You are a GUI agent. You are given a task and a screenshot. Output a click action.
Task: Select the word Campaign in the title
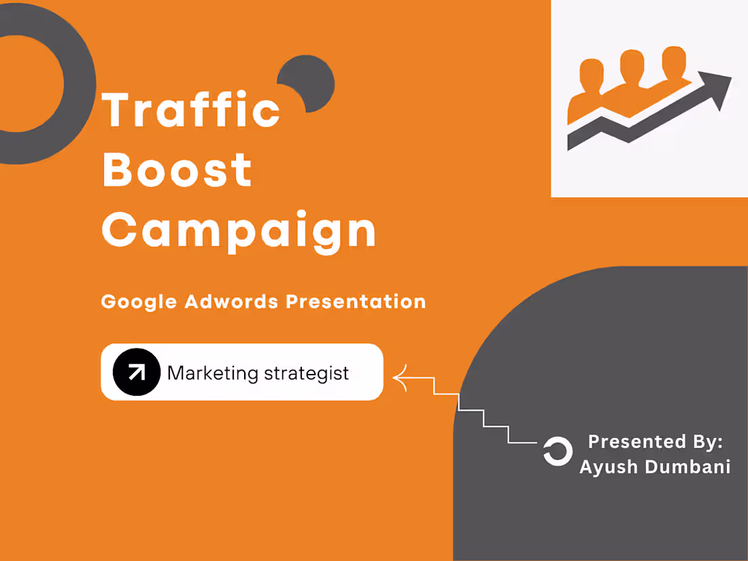(x=239, y=231)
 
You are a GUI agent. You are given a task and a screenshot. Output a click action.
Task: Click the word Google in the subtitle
(x=139, y=301)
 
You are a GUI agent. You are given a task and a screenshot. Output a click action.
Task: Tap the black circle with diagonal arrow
(x=136, y=372)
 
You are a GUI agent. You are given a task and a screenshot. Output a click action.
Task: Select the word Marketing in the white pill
(x=213, y=373)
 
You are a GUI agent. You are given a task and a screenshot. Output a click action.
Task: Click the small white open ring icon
(x=557, y=452)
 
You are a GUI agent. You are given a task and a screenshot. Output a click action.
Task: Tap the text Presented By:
(x=655, y=441)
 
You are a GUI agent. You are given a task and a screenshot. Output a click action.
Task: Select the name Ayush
(x=607, y=467)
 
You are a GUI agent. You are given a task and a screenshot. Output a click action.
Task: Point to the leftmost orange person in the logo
(x=590, y=88)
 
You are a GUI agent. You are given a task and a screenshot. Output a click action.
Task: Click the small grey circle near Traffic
(x=309, y=82)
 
